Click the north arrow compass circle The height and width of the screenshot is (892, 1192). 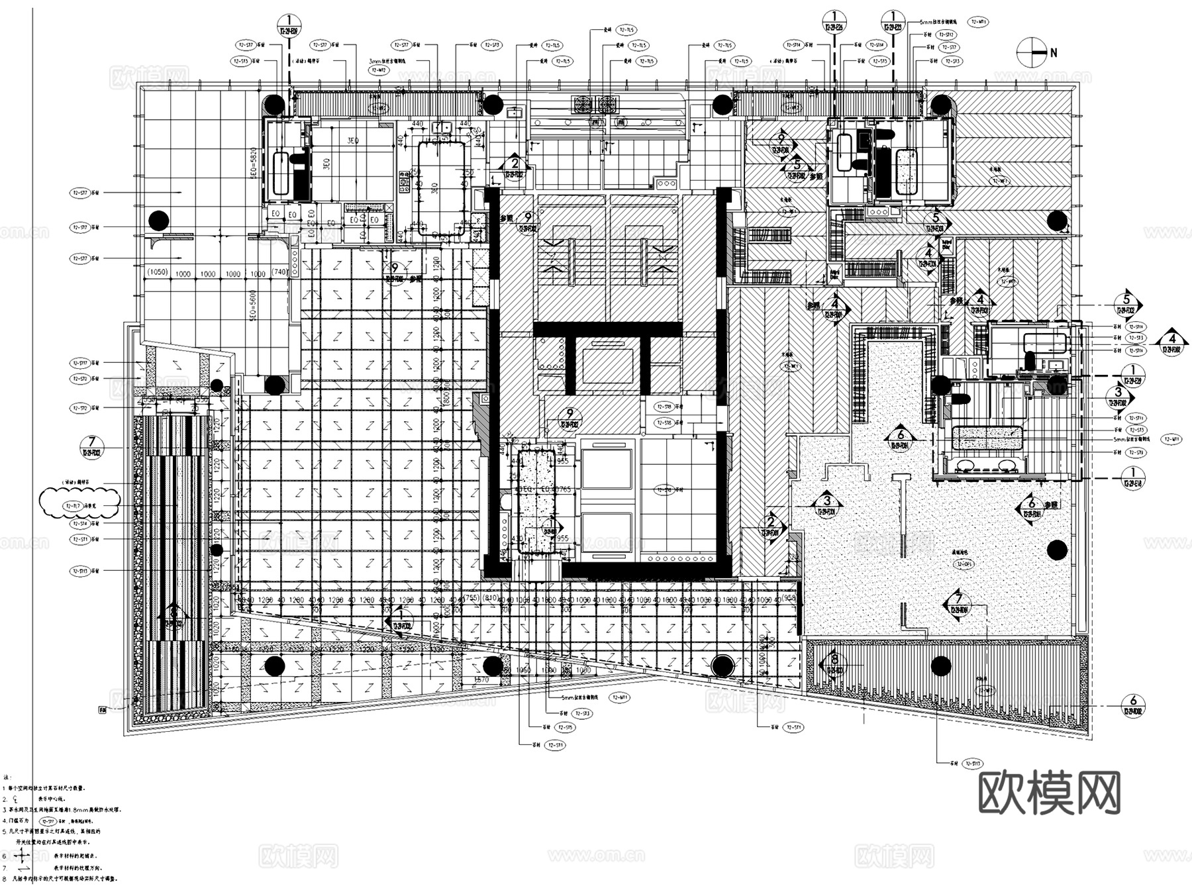pos(1030,52)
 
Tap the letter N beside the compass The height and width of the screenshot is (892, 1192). pos(1054,52)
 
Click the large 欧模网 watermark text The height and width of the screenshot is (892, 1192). pos(1049,793)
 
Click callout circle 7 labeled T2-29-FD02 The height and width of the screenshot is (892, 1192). pos(92,445)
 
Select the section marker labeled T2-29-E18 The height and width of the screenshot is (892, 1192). pos(1132,477)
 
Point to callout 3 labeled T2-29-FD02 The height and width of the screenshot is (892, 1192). pos(1118,397)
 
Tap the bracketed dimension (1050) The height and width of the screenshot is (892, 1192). pos(158,273)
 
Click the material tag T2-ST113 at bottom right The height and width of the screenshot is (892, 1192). pos(972,764)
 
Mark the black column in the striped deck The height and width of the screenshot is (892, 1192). pos(940,666)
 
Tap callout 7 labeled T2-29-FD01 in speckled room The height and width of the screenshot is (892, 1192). pos(958,602)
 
